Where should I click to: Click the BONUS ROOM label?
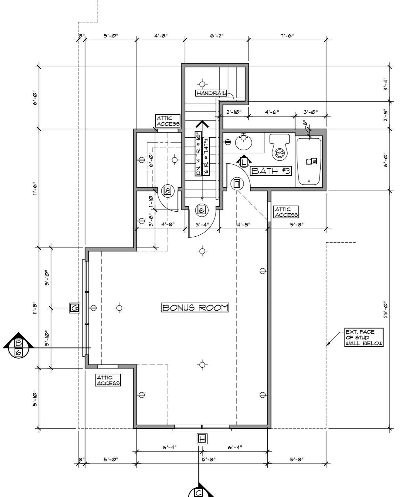tap(195, 308)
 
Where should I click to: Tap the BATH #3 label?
tap(271, 171)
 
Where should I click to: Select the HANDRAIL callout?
tap(211, 93)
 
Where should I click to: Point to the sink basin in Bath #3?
tap(244, 142)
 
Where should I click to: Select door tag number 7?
tap(237, 183)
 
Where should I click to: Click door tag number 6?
tap(202, 210)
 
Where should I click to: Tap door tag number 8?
tap(167, 191)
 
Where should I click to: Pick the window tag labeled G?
tap(75, 308)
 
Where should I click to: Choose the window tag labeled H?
tap(202, 438)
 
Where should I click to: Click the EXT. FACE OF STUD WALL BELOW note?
tap(364, 338)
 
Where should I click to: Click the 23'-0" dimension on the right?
tap(385, 309)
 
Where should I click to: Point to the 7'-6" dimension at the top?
tap(287, 36)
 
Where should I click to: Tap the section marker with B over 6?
tap(19, 347)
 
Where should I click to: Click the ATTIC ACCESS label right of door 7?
tap(286, 212)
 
